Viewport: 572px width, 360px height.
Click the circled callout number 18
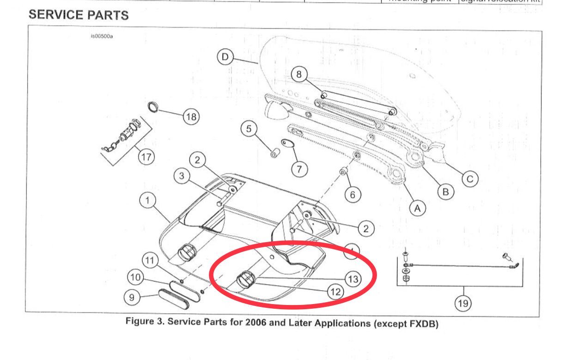[191, 117]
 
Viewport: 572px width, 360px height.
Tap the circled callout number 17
[146, 157]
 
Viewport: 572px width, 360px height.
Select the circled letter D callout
[225, 57]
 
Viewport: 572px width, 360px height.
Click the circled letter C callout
[470, 179]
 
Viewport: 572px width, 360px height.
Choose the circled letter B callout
[446, 192]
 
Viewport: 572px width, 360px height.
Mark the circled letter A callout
[418, 209]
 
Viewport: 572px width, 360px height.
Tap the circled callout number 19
[462, 303]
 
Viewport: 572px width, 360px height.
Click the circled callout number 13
[353, 279]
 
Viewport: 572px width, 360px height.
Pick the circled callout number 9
[132, 297]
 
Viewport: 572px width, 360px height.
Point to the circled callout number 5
[249, 129]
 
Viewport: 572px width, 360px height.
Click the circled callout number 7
[299, 169]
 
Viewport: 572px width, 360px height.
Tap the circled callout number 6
[353, 195]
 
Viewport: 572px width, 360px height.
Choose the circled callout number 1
[147, 201]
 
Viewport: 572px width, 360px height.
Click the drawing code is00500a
[102, 37]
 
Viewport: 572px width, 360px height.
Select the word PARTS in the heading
[107, 15]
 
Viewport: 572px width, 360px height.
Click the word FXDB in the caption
[423, 323]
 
